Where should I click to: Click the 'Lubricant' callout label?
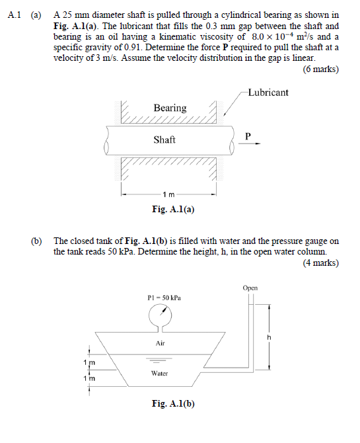pyautogui.click(x=268, y=93)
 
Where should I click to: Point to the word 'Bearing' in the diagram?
pyautogui.click(x=170, y=108)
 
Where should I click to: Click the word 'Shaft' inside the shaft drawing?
pyautogui.click(x=164, y=140)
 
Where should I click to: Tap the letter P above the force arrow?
pyautogui.click(x=248, y=136)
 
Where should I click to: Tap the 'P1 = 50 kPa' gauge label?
pyautogui.click(x=164, y=298)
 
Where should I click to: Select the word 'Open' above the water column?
pyautogui.click(x=250, y=288)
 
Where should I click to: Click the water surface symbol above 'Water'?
pyautogui.click(x=159, y=362)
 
